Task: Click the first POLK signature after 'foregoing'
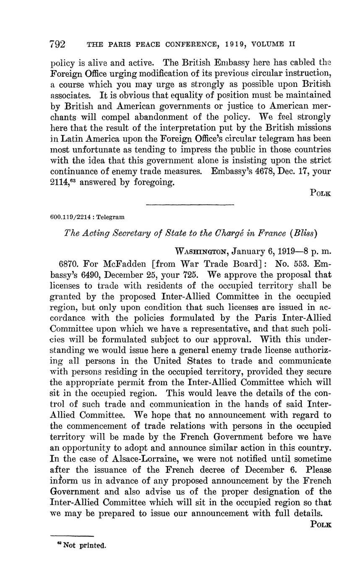[321, 193]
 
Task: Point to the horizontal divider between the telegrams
[190, 205]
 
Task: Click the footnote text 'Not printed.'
[84, 546]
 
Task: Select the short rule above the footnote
[72, 536]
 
